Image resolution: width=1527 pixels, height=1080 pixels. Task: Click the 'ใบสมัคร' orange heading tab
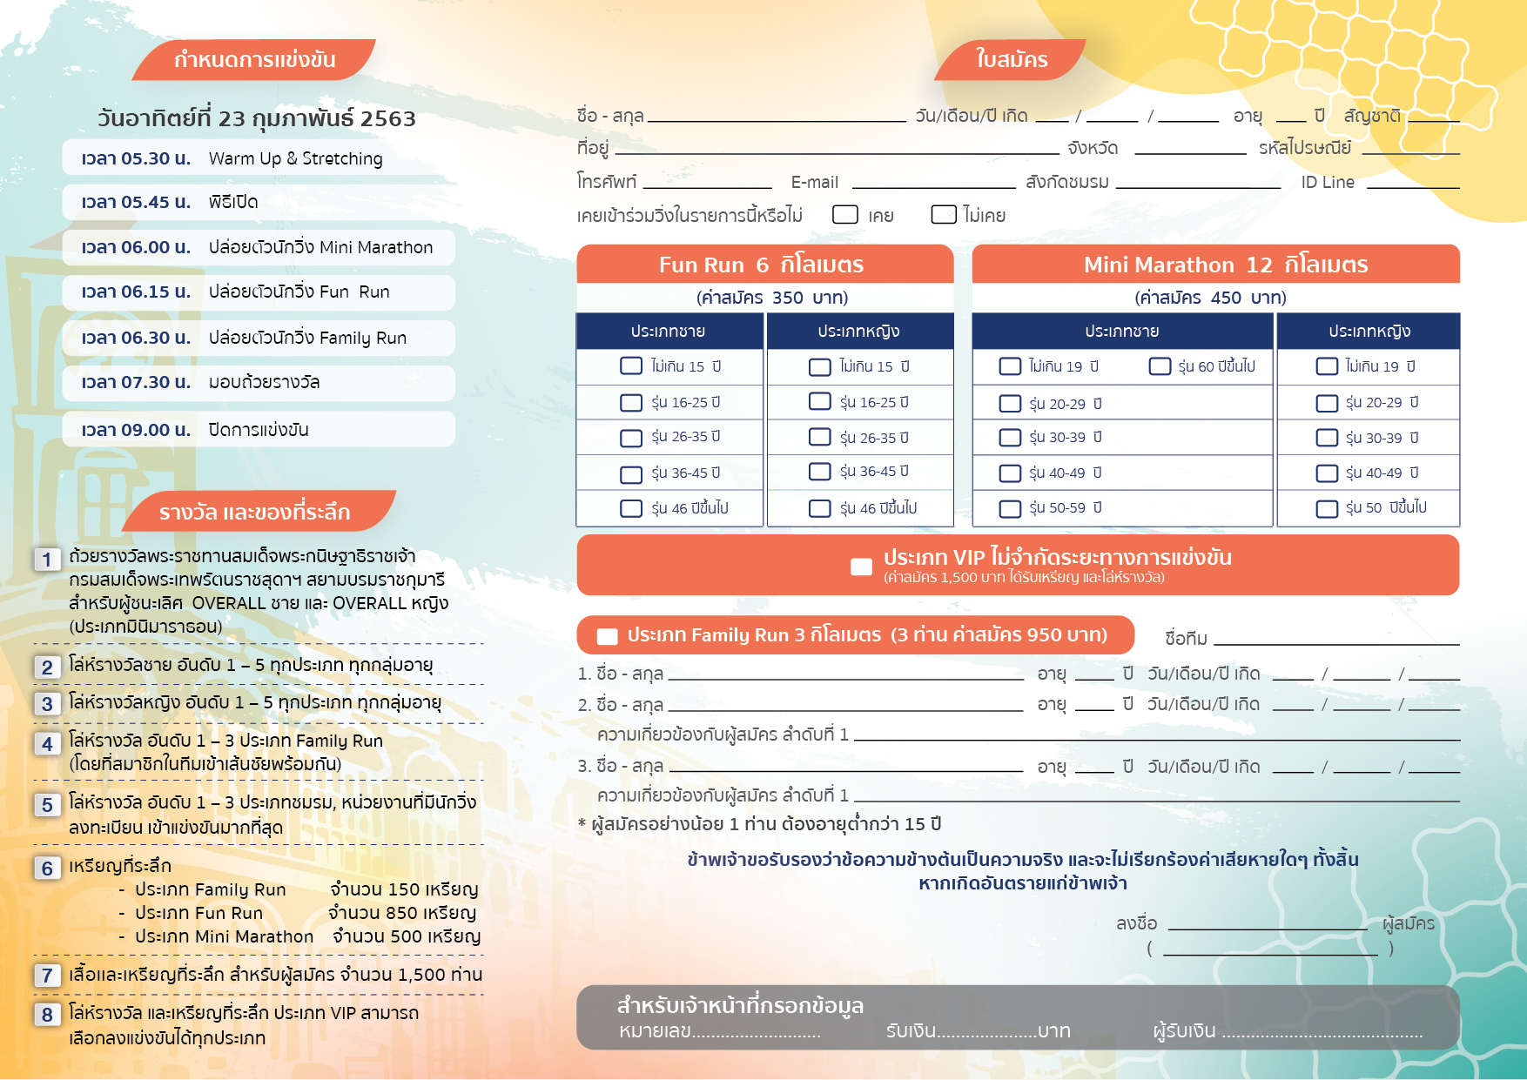click(x=1011, y=59)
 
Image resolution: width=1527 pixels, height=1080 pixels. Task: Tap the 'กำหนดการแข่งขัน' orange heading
click(x=254, y=59)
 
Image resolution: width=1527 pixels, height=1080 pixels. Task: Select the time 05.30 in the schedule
click(x=136, y=158)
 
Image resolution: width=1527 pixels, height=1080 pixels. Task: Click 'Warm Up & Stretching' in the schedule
click(x=295, y=158)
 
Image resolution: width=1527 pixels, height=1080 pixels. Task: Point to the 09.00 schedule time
click(x=136, y=430)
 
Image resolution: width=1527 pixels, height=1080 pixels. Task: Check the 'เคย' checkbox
click(x=845, y=214)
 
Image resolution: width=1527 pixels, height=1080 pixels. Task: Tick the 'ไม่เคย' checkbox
click(x=944, y=214)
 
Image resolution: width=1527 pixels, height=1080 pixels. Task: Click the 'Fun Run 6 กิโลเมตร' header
click(x=761, y=265)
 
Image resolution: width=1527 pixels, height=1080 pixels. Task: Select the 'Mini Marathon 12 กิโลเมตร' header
click(x=1225, y=265)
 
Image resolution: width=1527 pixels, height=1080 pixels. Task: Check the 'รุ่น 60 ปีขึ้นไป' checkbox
click(x=1160, y=366)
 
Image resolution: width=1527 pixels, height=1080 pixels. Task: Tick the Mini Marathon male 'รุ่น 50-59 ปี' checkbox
click(x=1010, y=508)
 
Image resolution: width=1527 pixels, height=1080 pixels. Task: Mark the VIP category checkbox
click(x=861, y=567)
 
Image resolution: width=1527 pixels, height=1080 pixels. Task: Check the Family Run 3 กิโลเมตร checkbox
click(x=607, y=636)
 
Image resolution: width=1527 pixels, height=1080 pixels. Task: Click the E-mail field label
click(x=814, y=182)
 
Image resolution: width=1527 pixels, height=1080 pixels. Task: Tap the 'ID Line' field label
click(x=1327, y=182)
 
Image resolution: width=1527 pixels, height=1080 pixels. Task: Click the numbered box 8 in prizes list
click(x=47, y=1014)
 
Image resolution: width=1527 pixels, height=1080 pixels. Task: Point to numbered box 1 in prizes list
click(x=47, y=560)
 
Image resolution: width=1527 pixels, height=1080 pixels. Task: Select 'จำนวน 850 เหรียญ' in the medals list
click(x=402, y=913)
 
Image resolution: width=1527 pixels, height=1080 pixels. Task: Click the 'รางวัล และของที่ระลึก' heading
click(x=254, y=513)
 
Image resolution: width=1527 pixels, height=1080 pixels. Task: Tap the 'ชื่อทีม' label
click(x=1186, y=638)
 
